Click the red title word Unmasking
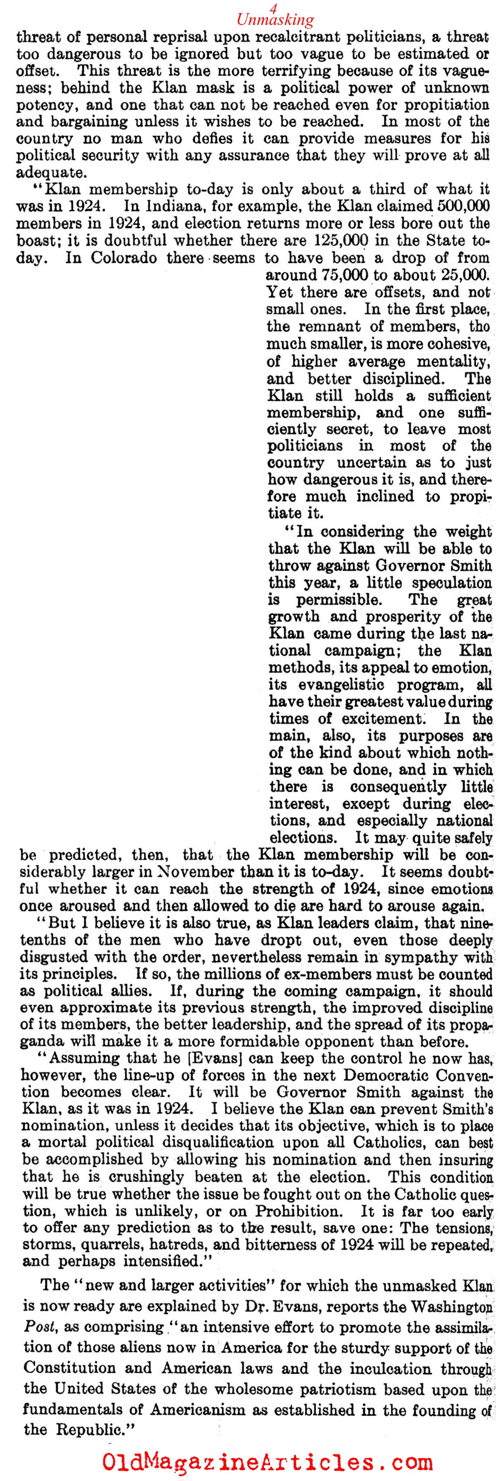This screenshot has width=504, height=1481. pos(275,20)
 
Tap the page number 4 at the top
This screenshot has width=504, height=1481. pos(274,7)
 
